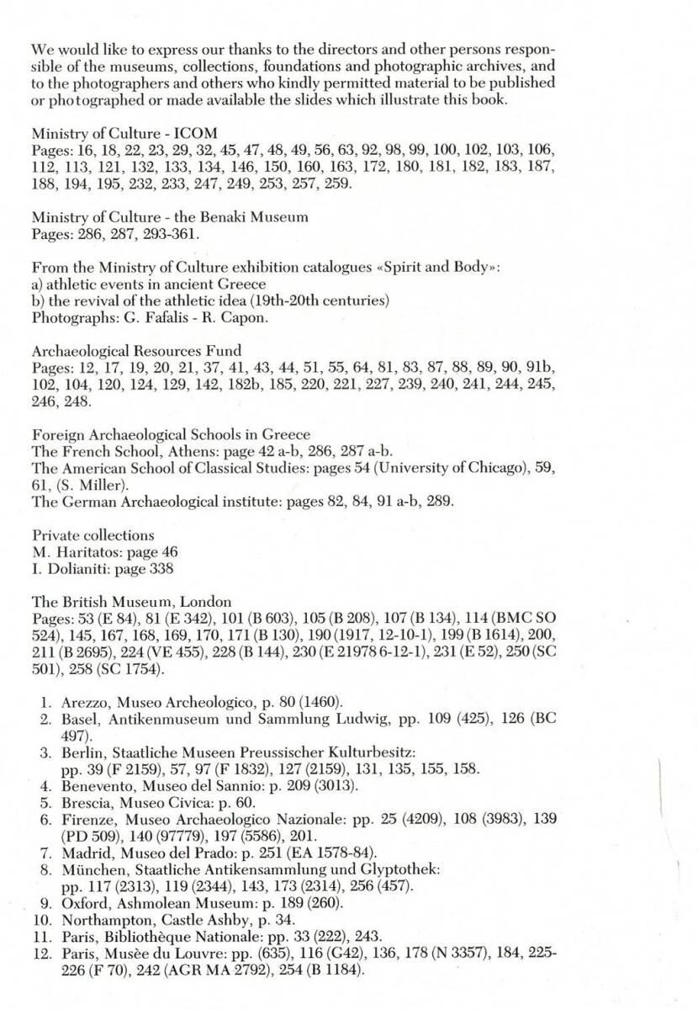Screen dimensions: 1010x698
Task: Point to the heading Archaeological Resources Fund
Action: [136, 351]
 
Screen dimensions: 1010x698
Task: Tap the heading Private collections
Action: [93, 534]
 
